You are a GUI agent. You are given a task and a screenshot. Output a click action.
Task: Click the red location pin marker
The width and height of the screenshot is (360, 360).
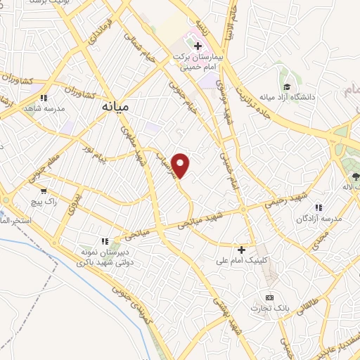pyautogui.click(x=181, y=165)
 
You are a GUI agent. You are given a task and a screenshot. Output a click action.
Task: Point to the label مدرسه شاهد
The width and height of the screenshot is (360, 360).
pyautogui.click(x=44, y=110)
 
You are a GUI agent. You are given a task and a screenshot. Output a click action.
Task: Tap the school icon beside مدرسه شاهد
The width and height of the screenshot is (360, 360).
pyautogui.click(x=44, y=98)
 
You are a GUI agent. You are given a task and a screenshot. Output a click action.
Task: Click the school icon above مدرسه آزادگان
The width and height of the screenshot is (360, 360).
pyautogui.click(x=319, y=208)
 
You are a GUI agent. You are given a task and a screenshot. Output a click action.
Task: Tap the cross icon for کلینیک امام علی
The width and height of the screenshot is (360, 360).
pyautogui.click(x=241, y=250)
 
